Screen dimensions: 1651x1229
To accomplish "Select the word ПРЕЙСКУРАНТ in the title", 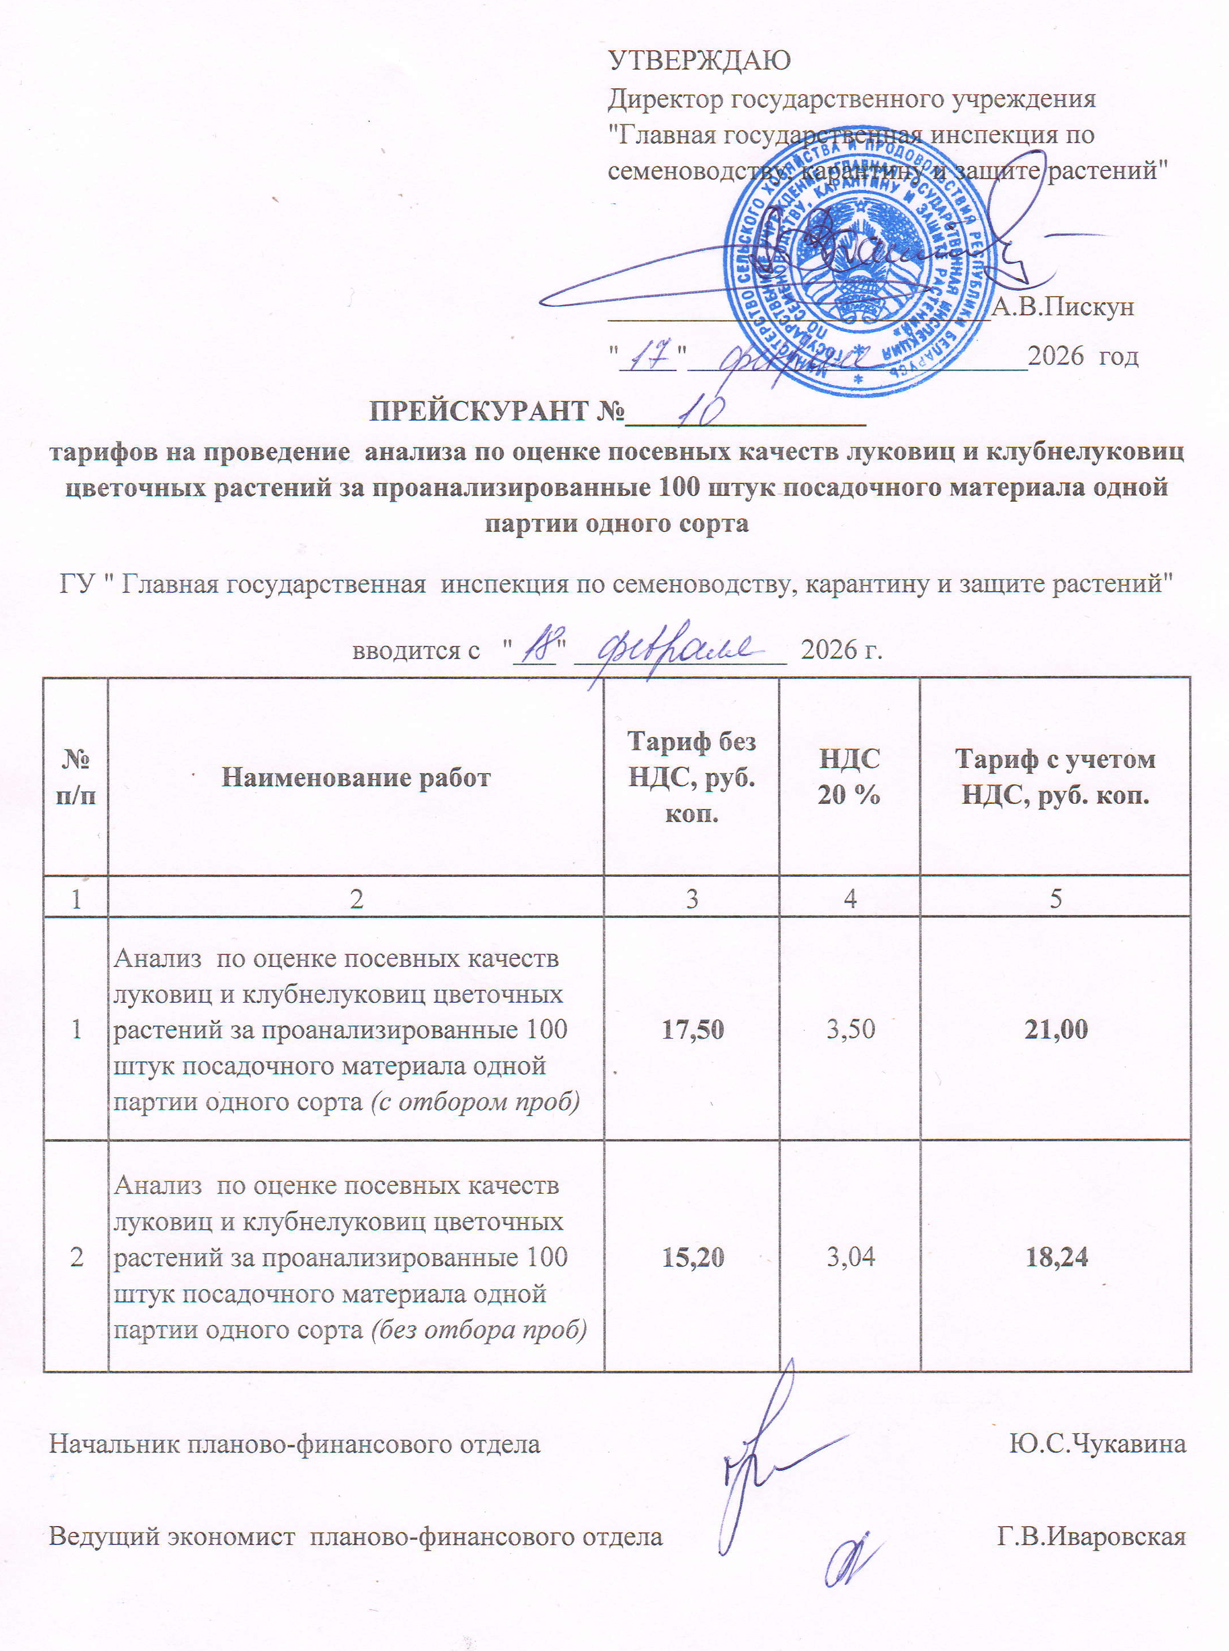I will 480,412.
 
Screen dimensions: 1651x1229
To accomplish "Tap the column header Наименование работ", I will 356,778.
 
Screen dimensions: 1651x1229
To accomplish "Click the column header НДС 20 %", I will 849,778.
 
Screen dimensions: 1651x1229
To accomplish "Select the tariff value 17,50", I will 692,1030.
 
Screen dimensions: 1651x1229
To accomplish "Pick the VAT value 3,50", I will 850,1030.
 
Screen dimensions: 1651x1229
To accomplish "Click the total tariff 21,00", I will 1056,1030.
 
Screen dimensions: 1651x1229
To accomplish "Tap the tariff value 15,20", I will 692,1258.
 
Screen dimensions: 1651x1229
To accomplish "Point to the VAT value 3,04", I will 850,1258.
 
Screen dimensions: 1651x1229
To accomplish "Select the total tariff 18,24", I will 1056,1258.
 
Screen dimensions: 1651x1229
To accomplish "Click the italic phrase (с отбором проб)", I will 475,1102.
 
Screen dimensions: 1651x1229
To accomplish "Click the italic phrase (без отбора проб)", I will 478,1329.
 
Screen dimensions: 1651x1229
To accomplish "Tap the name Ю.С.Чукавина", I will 1097,1444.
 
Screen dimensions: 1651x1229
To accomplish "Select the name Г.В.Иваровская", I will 1092,1536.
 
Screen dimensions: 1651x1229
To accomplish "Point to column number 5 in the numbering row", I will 1056,899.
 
